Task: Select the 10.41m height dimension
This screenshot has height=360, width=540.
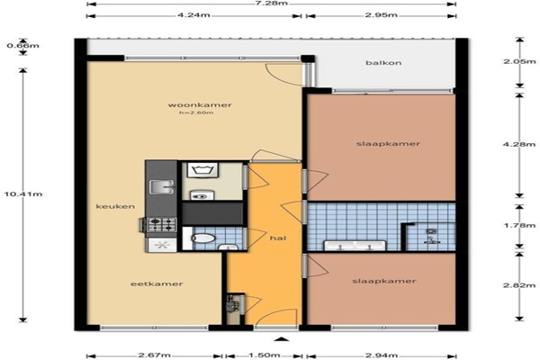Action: click(x=23, y=194)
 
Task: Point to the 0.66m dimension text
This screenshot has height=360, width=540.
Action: click(x=23, y=46)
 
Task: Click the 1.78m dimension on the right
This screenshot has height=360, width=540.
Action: click(x=519, y=225)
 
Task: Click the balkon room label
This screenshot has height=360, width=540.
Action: click(x=383, y=63)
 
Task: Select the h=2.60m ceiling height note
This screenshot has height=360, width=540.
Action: click(x=196, y=112)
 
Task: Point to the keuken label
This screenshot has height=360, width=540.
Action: click(x=115, y=206)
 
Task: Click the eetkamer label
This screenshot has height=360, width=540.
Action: click(x=157, y=283)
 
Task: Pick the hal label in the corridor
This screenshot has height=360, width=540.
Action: click(x=278, y=238)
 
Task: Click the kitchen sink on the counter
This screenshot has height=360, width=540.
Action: click(x=162, y=187)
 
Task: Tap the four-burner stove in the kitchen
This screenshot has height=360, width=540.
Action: click(x=162, y=224)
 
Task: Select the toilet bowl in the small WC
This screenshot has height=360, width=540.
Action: click(x=202, y=238)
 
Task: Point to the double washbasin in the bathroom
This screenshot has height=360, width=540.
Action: click(x=355, y=246)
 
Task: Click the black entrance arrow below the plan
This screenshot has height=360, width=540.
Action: click(x=283, y=339)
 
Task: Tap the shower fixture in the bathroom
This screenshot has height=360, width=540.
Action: click(x=432, y=237)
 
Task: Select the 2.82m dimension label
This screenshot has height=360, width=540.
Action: click(x=519, y=285)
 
